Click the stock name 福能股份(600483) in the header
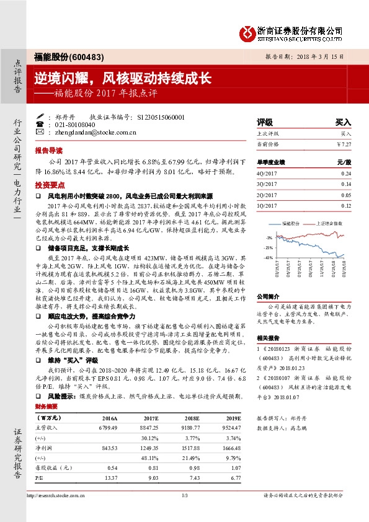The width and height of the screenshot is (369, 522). (x=59, y=56)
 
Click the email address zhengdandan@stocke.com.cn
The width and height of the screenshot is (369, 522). (x=94, y=132)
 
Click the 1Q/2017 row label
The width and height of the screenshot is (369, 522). (x=267, y=206)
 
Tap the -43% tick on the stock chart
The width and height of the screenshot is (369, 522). (x=268, y=257)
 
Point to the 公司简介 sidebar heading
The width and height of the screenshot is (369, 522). (x=268, y=296)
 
